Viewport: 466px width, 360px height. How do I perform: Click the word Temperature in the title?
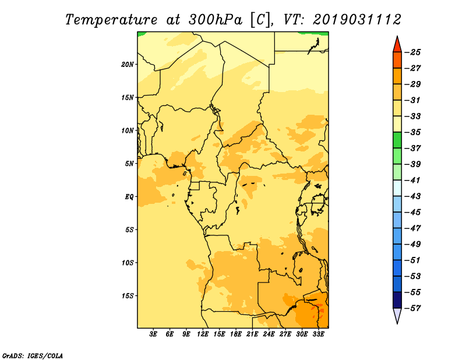click(111, 20)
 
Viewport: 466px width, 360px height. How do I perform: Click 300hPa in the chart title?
click(215, 20)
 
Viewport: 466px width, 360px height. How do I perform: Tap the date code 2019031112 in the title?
click(357, 20)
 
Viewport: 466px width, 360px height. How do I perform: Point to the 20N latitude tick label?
click(128, 65)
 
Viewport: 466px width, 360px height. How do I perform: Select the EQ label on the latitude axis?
click(129, 197)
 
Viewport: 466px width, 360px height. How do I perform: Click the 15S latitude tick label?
click(128, 296)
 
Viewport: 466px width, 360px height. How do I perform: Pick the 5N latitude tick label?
click(129, 164)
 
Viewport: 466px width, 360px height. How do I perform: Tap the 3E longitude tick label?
click(153, 334)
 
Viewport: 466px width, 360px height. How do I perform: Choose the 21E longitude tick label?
click(252, 334)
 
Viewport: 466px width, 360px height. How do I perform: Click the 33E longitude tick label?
click(318, 334)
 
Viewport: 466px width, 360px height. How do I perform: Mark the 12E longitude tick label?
click(202, 334)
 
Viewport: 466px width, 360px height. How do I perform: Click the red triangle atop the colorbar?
click(397, 45)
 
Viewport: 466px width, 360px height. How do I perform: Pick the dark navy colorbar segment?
click(397, 300)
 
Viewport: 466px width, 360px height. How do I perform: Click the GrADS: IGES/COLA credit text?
click(33, 355)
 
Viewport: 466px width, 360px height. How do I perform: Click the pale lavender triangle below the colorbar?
click(397, 315)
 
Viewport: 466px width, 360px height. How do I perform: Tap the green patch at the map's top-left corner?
click(141, 34)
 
